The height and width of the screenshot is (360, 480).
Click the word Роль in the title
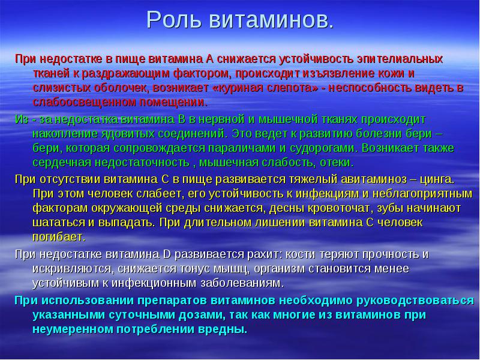(174, 20)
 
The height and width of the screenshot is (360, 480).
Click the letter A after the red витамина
(210, 59)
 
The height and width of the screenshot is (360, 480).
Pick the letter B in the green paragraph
(182, 119)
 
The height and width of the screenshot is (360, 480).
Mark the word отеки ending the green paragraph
(337, 163)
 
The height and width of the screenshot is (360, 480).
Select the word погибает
(59, 237)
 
